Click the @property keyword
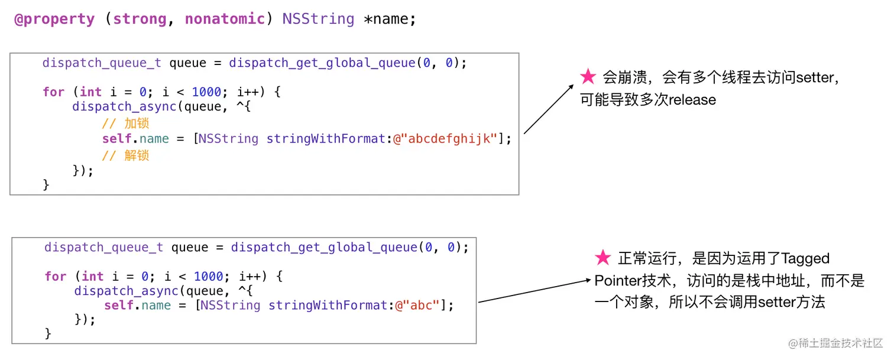pos(54,19)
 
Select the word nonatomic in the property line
pos(225,19)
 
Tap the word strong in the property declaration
pos(140,19)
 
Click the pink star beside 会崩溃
pos(588,77)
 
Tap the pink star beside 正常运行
pos(603,258)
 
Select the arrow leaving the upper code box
pos(548,109)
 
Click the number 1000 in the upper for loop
pos(206,92)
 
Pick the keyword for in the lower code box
pos(55,276)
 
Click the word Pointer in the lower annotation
pos(620,281)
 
